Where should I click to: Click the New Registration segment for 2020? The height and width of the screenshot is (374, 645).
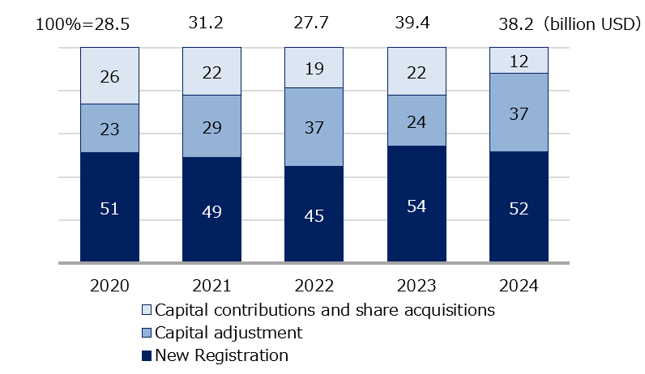pos(109,207)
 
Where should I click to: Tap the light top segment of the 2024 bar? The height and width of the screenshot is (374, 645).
pos(519,60)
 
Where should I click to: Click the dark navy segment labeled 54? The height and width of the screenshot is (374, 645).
pos(416,204)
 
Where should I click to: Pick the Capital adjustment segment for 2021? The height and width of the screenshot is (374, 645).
pos(212,125)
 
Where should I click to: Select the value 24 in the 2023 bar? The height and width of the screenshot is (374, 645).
pos(416,120)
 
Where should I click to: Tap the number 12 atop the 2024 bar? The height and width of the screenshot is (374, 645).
pos(519,60)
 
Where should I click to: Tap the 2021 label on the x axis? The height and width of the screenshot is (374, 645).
pos(212,286)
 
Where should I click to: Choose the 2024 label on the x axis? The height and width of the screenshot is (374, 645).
pos(519,286)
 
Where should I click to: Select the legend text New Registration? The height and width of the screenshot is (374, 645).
pos(221,355)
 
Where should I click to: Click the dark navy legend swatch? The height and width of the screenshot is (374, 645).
pos(146,355)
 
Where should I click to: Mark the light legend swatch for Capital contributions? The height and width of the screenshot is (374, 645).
pos(146,310)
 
